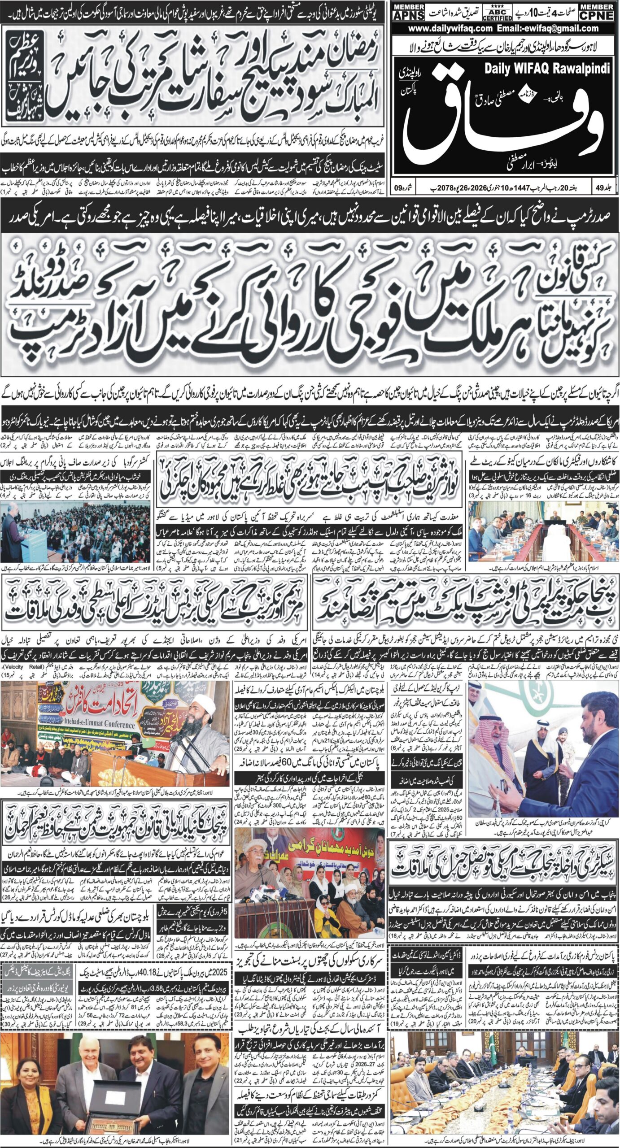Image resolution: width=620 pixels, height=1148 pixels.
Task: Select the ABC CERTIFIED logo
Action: pyautogui.click(x=497, y=14)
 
